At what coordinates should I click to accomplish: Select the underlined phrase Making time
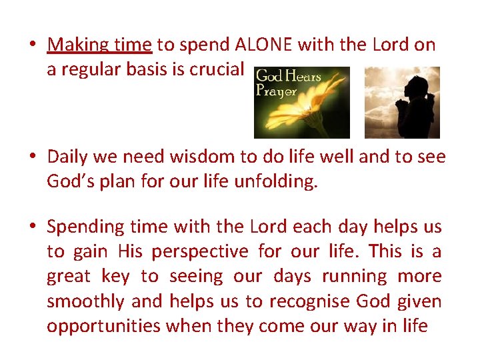100,45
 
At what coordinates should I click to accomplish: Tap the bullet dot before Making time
32,45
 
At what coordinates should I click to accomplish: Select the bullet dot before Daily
32,157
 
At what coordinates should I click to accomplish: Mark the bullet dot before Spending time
32,227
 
